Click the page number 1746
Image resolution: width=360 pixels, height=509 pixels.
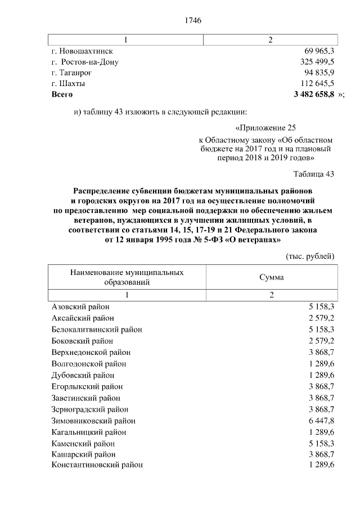point(193,20)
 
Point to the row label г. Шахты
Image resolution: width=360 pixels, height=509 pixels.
point(68,84)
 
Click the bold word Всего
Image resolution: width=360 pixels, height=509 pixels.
point(62,94)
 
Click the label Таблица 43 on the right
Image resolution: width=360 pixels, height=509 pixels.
point(314,174)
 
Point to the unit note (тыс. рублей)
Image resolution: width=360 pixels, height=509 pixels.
point(310,256)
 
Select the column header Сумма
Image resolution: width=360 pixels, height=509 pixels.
point(271,277)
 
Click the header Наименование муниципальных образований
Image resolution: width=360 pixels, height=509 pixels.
point(127,277)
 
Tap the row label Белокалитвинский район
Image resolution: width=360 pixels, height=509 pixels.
point(96,329)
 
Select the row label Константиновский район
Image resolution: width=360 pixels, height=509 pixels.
point(97,465)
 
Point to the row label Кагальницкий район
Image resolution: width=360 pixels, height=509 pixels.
point(88,432)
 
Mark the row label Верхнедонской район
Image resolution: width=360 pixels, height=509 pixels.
point(91,352)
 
